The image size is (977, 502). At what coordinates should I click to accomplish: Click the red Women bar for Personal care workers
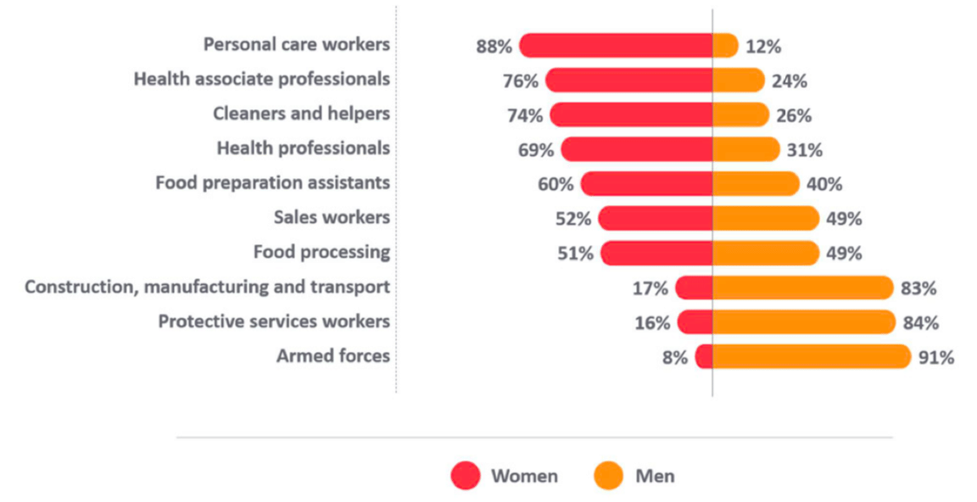pyautogui.click(x=616, y=46)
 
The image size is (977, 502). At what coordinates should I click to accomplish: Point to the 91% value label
pyautogui.click(x=935, y=357)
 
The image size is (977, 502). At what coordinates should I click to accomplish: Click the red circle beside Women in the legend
pyautogui.click(x=465, y=476)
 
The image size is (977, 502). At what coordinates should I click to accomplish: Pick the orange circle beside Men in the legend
pyautogui.click(x=608, y=476)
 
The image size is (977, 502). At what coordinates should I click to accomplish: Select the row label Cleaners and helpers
pyautogui.click(x=301, y=114)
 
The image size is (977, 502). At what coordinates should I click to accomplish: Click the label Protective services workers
pyautogui.click(x=274, y=321)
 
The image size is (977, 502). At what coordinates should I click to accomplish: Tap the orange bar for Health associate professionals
pyautogui.click(x=740, y=81)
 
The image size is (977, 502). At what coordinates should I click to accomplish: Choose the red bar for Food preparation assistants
pyautogui.click(x=647, y=184)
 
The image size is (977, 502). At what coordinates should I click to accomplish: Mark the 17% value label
pyautogui.click(x=650, y=288)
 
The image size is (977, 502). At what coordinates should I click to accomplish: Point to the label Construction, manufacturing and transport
pyautogui.click(x=207, y=287)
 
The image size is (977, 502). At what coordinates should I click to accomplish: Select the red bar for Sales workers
pyautogui.click(x=656, y=219)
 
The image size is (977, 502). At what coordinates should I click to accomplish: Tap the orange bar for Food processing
pyautogui.click(x=765, y=253)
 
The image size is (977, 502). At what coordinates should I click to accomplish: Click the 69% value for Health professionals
pyautogui.click(x=536, y=150)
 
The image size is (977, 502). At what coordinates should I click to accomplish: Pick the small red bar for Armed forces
pyautogui.click(x=704, y=357)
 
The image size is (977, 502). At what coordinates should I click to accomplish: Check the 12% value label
pyautogui.click(x=763, y=46)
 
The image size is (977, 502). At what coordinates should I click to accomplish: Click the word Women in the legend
pyautogui.click(x=524, y=476)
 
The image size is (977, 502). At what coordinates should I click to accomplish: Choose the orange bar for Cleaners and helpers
pyautogui.click(x=740, y=115)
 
